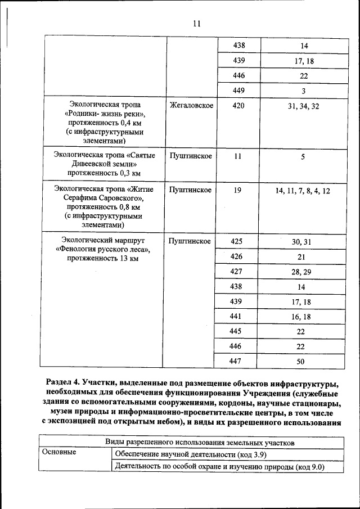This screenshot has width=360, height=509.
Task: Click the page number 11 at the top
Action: [x=196, y=24]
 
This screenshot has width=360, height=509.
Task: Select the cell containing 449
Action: [x=238, y=90]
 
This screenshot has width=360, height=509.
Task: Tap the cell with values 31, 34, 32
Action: [x=303, y=106]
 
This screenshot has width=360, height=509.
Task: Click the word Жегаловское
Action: [x=191, y=106]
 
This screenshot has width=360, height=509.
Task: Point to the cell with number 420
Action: [x=238, y=106]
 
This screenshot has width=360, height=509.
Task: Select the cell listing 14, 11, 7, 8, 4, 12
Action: [x=303, y=191]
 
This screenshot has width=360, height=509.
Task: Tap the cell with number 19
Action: [x=238, y=191]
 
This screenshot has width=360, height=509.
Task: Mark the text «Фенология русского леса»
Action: [x=102, y=250]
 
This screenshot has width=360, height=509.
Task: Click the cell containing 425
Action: [x=236, y=241]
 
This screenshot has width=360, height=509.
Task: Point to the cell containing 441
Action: [x=236, y=317]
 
